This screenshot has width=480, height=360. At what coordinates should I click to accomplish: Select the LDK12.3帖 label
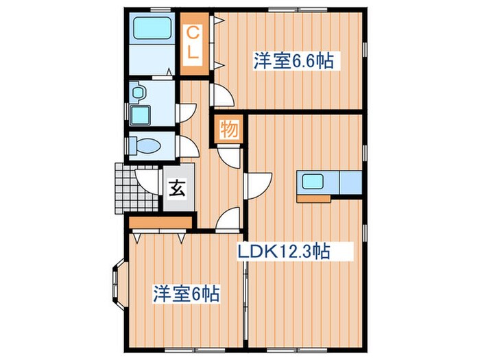284,252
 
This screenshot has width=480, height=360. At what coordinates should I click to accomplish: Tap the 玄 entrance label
177,187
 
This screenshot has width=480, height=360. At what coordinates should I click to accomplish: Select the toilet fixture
146,145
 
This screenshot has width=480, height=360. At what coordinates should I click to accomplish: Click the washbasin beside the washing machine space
138,92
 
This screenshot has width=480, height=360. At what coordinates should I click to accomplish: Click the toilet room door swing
188,146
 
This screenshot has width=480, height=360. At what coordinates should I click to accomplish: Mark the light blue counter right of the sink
350,182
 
